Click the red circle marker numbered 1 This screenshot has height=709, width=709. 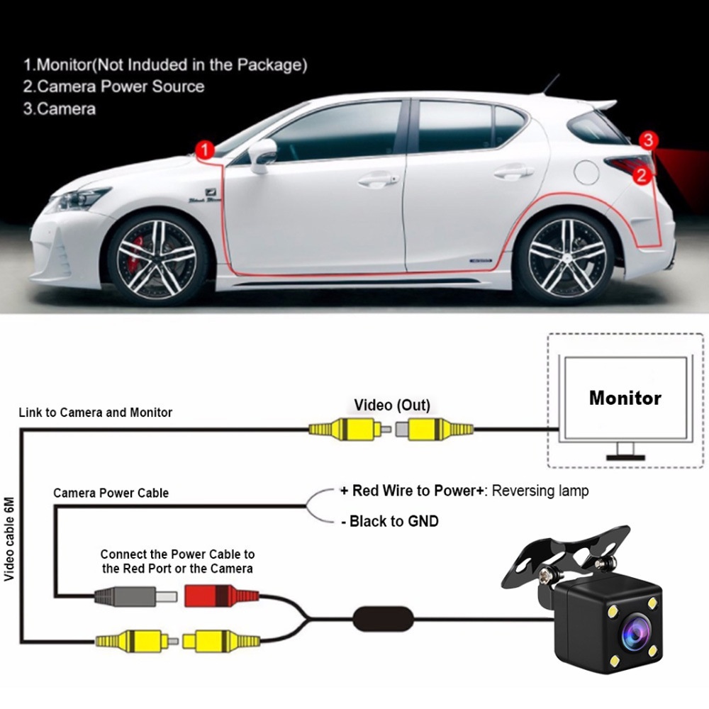[x=204, y=150]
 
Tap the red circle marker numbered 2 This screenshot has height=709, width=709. [x=642, y=175]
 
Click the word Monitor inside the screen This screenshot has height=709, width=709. [x=625, y=398]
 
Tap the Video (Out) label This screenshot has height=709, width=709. [x=392, y=406]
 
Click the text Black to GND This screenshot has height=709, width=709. [x=389, y=522]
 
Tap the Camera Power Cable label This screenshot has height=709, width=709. [x=111, y=493]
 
